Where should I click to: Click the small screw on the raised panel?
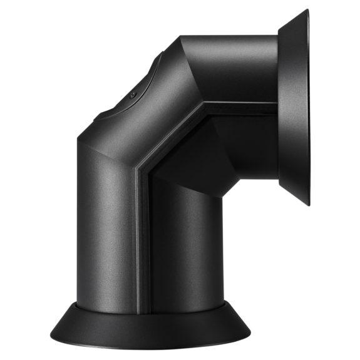133,95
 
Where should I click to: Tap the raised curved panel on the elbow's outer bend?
128,94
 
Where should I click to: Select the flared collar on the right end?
294,106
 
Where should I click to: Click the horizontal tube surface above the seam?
238,69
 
